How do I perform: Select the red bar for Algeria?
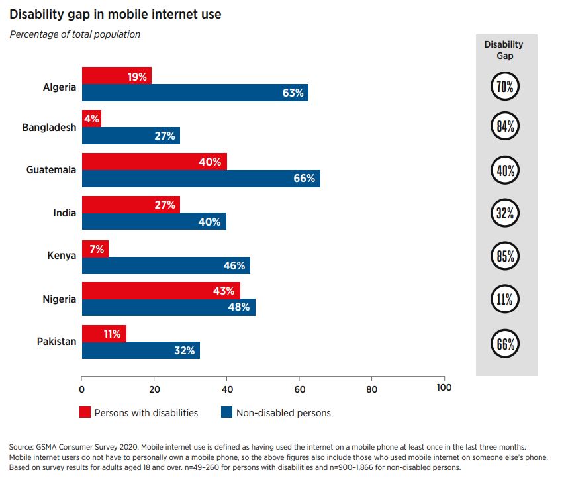[116, 75]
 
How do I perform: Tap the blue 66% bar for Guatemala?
[201, 179]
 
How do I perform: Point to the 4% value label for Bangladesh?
[91, 119]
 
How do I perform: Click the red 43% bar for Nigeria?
[160, 291]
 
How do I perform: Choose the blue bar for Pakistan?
[140, 351]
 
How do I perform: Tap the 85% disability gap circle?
[505, 257]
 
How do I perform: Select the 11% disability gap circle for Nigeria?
[505, 300]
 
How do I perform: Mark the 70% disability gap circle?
[505, 86]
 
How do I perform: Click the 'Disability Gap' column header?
[503, 50]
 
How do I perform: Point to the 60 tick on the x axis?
[299, 388]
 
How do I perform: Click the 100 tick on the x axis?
[444, 388]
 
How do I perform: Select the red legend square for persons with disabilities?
[85, 413]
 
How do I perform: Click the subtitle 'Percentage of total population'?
[75, 34]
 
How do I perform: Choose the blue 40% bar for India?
[154, 222]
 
